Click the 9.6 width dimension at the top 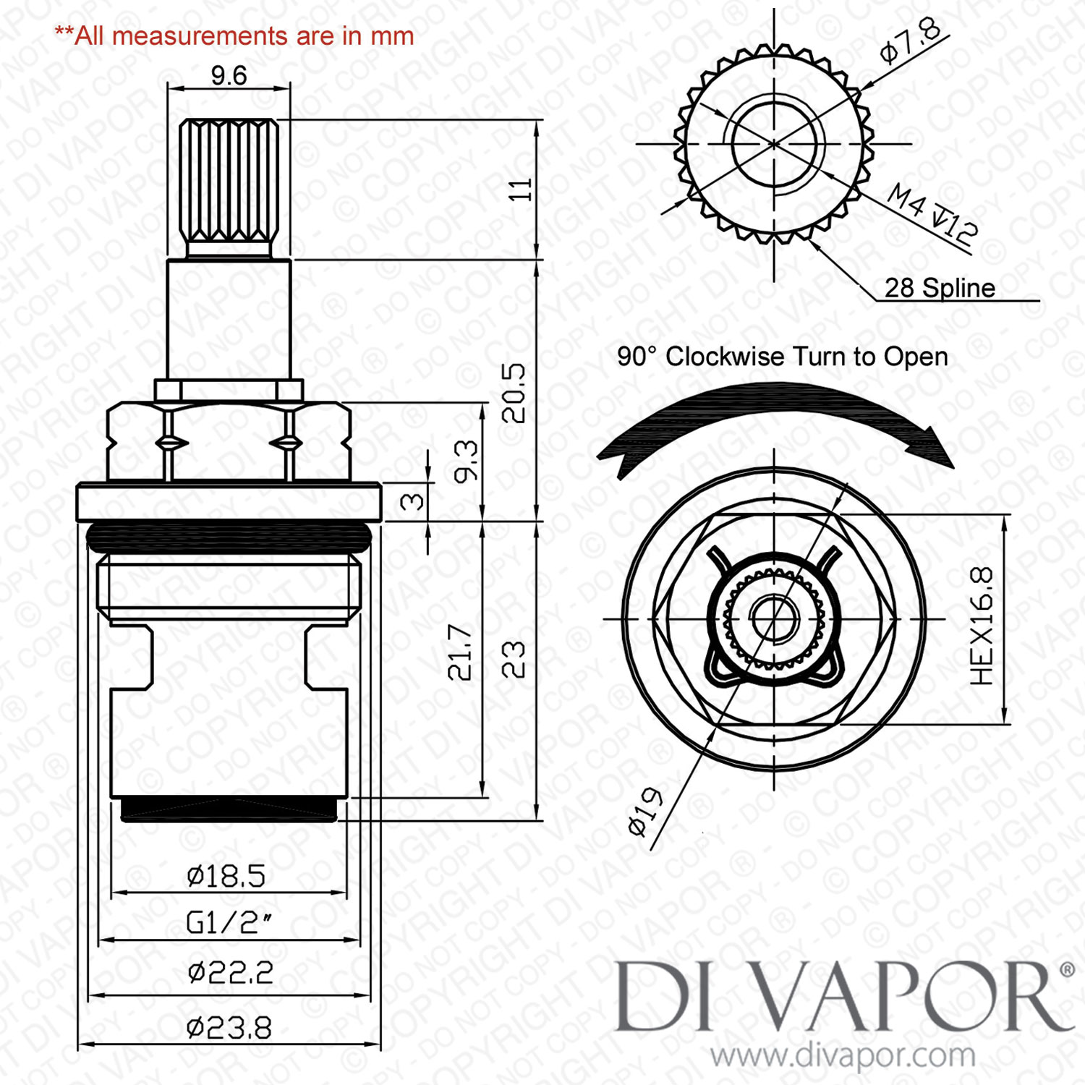[x=229, y=75]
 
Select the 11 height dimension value [x=521, y=190]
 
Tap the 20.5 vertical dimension [x=514, y=393]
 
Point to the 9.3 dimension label [x=467, y=461]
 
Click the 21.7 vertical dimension [x=460, y=652]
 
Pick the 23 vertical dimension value [x=514, y=659]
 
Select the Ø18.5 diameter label [x=226, y=876]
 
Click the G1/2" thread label [x=229, y=922]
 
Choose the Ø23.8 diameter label [x=229, y=1027]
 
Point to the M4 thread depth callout [x=932, y=213]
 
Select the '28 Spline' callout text [x=940, y=288]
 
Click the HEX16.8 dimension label [x=982, y=626]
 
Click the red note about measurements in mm [x=234, y=35]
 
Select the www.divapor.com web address [x=843, y=1055]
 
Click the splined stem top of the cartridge [x=229, y=181]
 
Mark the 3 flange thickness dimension [x=412, y=501]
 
